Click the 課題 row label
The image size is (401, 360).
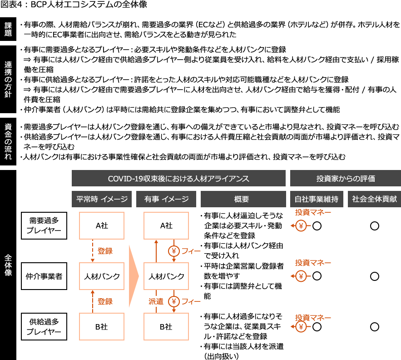pos(8,29)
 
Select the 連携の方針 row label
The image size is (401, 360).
pos(8,79)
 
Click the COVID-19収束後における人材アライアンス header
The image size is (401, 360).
pos(178,178)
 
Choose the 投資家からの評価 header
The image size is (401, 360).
pos(345,178)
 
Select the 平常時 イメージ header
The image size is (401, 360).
pos(102,199)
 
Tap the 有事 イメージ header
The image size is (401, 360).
pos(166,199)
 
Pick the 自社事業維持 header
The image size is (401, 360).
pos(316,199)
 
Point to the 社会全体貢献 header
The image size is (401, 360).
pos(374,199)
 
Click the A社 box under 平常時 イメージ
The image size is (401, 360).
pos(102,225)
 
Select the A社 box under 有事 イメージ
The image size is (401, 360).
pos(166,225)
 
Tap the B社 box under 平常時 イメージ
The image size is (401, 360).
pos(102,326)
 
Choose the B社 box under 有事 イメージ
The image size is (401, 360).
pos(166,326)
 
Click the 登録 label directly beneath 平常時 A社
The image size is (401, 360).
pos(105,251)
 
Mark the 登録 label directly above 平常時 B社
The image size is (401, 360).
pos(105,301)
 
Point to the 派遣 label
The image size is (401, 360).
pos(155,301)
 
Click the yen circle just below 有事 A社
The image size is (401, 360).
pos(174,251)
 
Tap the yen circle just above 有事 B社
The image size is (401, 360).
pos(174,301)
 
